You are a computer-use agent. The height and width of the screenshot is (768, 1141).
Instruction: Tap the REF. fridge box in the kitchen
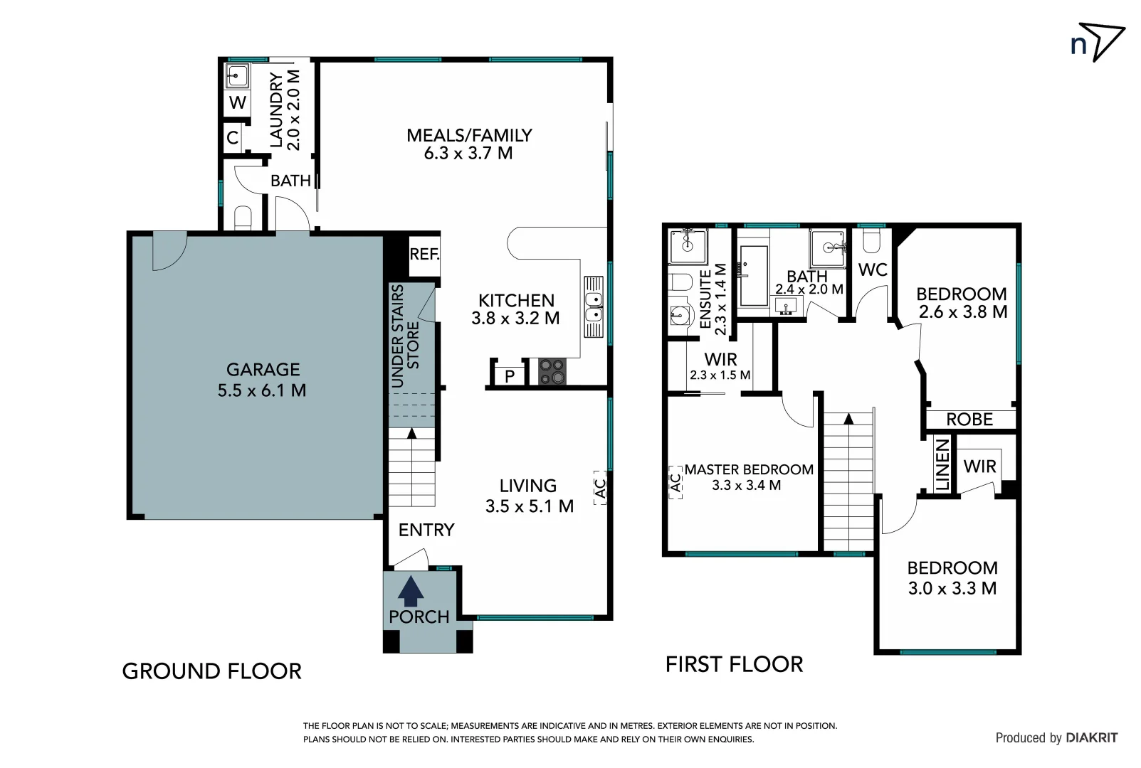424,255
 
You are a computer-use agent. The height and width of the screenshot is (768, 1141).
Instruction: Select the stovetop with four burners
552,371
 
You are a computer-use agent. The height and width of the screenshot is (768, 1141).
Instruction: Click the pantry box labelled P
510,375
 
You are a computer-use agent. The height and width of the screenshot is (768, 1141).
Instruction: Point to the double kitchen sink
594,307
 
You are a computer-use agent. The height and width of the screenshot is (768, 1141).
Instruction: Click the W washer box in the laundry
237,102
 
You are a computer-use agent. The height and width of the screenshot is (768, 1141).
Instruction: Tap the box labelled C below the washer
233,137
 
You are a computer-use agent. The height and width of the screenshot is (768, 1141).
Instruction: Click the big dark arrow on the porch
411,590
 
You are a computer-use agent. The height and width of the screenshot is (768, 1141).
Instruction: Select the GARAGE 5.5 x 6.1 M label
262,380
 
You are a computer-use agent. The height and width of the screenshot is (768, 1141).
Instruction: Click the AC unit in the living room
599,488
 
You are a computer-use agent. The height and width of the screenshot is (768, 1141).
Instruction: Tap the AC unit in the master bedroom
675,482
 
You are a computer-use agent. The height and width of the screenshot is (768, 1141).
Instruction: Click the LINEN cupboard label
942,464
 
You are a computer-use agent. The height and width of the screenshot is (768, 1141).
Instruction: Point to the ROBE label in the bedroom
969,420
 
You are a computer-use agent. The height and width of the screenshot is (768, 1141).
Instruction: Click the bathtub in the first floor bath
753,275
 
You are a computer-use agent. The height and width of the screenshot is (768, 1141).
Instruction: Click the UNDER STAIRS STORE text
406,336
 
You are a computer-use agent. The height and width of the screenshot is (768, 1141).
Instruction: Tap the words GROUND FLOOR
212,671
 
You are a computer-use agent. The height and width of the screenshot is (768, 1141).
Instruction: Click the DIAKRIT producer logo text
1091,738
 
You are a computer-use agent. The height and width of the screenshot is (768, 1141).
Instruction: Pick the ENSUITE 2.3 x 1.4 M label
713,299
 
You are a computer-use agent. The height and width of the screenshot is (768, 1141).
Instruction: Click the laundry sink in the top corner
237,75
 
